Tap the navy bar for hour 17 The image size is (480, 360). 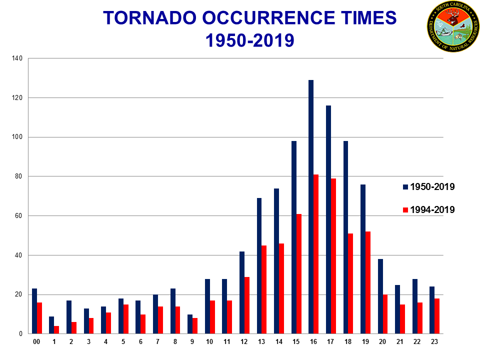pos(328,219)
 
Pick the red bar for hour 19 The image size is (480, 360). pos(368,282)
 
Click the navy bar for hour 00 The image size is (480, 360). pos(34,311)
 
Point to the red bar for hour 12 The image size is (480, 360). pos(247,305)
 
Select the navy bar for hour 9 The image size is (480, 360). pos(190,324)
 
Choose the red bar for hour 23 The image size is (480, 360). pos(437,316)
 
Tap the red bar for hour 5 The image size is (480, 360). pos(126,319)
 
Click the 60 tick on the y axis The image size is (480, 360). pos(19,216)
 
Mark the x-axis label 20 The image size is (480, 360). pos(382,341)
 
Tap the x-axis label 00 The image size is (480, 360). pos(36,341)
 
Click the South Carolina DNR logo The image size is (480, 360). pos(452,26)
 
